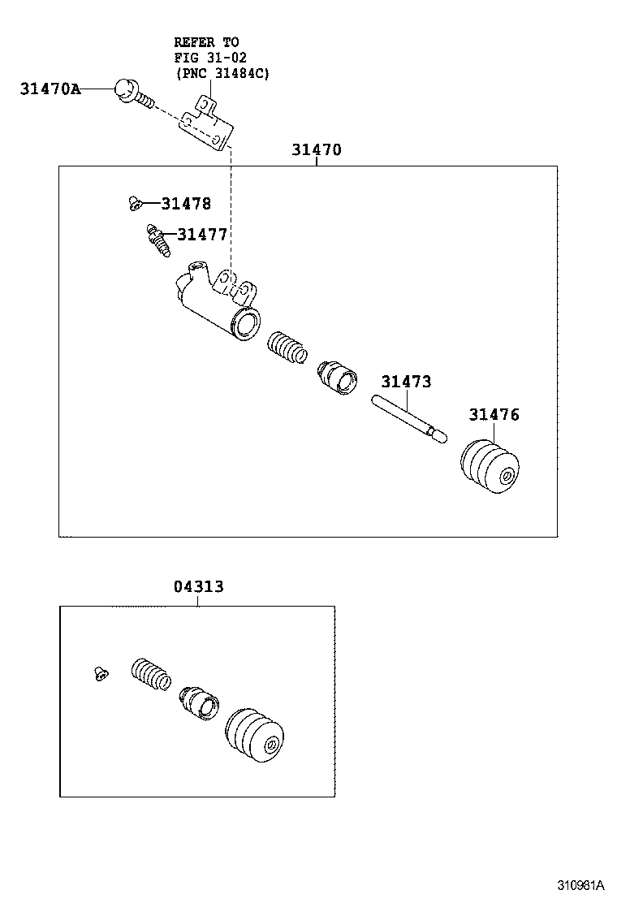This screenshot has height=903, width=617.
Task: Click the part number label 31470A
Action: (x=50, y=89)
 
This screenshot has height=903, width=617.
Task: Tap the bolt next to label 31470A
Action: (x=129, y=90)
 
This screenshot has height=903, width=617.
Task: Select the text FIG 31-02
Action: (x=210, y=57)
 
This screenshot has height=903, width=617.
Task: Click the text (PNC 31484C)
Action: (x=222, y=72)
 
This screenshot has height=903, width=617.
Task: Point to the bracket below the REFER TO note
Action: (x=209, y=123)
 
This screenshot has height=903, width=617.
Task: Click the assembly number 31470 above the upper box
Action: (x=317, y=150)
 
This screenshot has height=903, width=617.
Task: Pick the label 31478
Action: (x=185, y=204)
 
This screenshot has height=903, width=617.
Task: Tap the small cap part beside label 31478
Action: (x=135, y=203)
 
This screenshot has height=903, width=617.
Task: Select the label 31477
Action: (x=201, y=235)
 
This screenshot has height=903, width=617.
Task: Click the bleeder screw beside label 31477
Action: (x=157, y=240)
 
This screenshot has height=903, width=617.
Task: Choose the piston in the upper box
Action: (x=337, y=374)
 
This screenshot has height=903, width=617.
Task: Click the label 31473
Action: (x=406, y=382)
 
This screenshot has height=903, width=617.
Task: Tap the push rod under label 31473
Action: (x=408, y=417)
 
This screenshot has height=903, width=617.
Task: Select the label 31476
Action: (x=494, y=415)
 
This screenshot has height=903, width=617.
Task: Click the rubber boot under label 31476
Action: (x=489, y=468)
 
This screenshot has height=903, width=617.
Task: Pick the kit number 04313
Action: (x=198, y=586)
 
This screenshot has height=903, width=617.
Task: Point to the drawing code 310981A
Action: (x=580, y=884)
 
